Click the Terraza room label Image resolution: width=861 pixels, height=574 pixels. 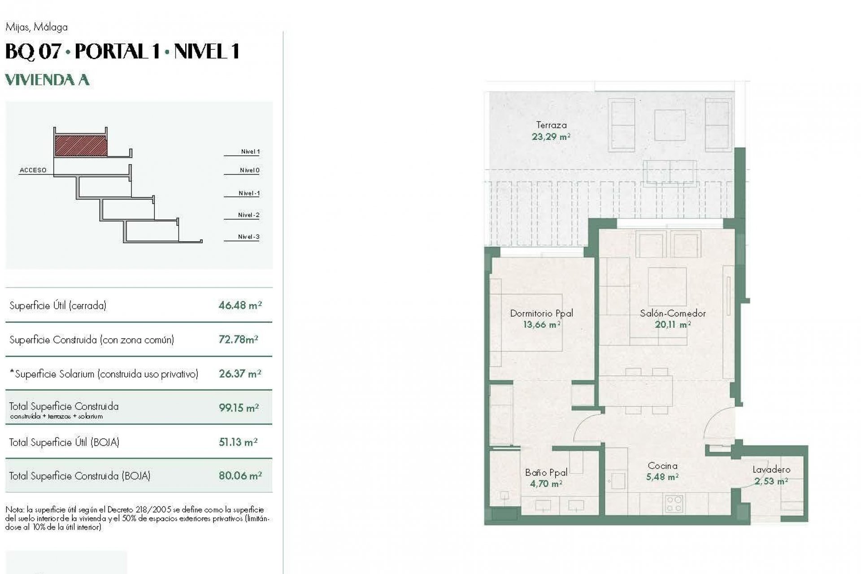point(551,125)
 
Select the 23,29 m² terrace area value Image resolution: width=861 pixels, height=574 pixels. point(551,137)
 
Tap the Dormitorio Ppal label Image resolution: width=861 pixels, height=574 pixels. point(541,313)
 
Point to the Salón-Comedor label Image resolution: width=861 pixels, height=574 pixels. point(673,313)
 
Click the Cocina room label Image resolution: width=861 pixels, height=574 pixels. point(662,466)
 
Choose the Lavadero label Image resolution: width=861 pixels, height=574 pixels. point(771,470)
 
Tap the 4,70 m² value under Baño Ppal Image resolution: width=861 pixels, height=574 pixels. point(546,484)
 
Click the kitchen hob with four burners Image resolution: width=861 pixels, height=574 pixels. point(673,503)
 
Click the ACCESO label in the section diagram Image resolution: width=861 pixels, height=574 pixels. point(33,170)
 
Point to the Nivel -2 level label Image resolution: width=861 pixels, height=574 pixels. point(248,215)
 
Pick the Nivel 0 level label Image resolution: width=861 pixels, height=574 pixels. point(249,170)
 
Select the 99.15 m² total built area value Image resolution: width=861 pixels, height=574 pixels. point(239,408)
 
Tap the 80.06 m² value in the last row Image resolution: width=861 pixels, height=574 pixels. point(240,475)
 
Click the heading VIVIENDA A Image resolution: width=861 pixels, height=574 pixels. point(47,80)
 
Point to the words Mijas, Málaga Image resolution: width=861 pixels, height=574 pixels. point(36,27)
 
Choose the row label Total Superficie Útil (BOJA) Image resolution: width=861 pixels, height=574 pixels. point(64,442)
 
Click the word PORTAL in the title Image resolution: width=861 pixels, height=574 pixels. point(111,51)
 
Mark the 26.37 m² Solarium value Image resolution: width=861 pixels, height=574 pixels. point(240,374)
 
